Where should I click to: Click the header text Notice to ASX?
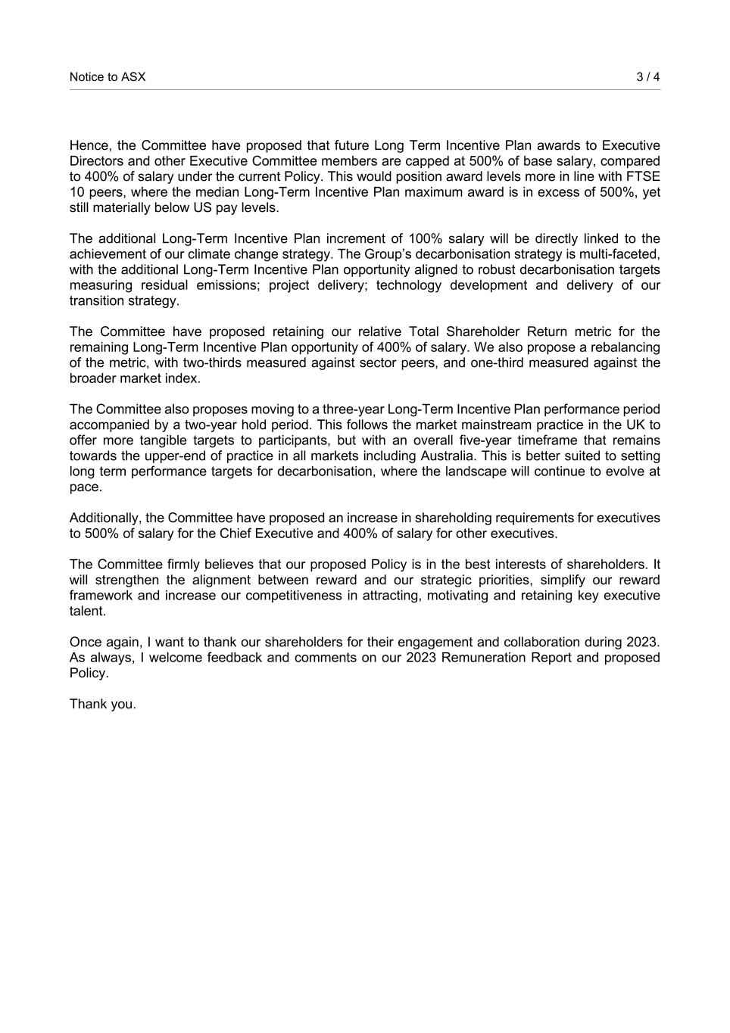coord(108,77)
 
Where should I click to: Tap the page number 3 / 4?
coord(647,77)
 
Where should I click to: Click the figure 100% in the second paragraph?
coord(425,239)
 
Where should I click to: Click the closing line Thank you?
coord(103,705)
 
